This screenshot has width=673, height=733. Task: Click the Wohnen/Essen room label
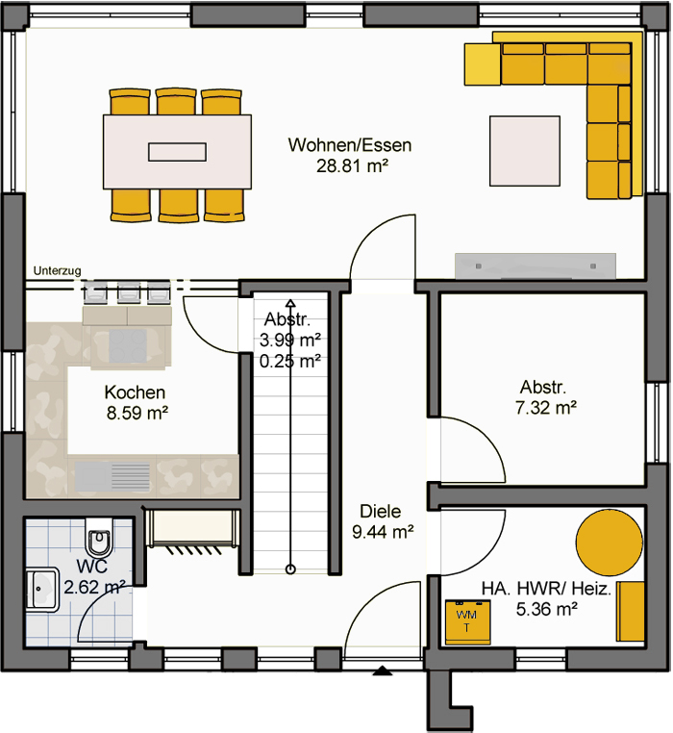pos(350,145)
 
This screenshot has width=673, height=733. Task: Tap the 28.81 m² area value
pos(353,166)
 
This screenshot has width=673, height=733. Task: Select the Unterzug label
pos(57,270)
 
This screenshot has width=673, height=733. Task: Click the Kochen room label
pos(135,392)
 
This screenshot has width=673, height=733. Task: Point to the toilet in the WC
pos(99,536)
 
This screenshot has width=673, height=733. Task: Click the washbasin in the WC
pos(42,590)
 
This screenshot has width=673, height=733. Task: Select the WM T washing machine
pos(468,622)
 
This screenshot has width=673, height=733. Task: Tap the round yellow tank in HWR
pos(609,543)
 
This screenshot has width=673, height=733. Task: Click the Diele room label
pos(381,511)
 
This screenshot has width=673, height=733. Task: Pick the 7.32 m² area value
pos(546,408)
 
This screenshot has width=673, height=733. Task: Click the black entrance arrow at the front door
pos(383,670)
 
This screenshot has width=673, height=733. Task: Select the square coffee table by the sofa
pos(525,151)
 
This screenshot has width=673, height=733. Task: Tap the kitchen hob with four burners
pos(128,346)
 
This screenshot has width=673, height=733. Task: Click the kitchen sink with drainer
pos(112,476)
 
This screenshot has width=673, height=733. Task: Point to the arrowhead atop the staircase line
pos(290,303)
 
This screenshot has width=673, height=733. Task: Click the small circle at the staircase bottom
pos(290,569)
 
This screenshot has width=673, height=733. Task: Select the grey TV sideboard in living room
pos(536,266)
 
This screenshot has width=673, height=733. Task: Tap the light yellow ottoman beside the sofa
pos(483,64)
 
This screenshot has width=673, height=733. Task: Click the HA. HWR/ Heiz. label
pos(546,589)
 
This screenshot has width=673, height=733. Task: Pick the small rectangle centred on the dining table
pos(177,152)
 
